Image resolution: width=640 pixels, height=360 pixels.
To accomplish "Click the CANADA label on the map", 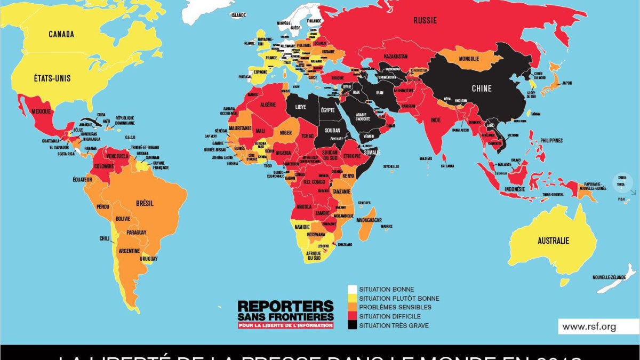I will (61, 34).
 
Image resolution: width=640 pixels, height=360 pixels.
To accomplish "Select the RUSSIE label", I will (425, 20).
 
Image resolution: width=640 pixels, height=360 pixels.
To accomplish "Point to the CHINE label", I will (482, 89).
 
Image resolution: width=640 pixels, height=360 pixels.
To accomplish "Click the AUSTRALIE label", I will (553, 241).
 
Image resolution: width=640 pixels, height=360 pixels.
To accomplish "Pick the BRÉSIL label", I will (145, 203).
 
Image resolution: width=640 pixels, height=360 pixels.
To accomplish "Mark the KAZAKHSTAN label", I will (395, 56).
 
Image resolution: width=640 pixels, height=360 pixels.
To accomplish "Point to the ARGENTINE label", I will (129, 251).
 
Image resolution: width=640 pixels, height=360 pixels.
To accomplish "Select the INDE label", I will (436, 120).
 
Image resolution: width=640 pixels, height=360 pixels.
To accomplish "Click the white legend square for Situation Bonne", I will (352, 290).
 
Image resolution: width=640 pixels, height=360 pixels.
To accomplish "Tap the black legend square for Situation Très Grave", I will (352, 325).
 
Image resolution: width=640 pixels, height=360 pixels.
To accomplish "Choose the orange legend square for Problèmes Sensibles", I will (352, 307).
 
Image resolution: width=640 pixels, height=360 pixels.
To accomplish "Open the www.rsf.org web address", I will (589, 327).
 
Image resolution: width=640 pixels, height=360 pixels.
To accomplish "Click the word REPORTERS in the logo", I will (285, 306).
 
